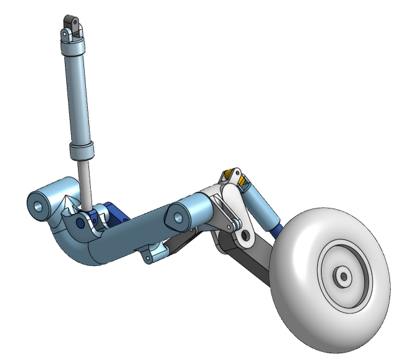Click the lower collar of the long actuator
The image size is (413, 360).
click(82, 150)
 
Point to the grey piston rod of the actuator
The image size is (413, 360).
click(87, 182)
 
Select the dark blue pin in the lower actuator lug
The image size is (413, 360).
click(81, 221)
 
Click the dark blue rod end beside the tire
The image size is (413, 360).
click(279, 228)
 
